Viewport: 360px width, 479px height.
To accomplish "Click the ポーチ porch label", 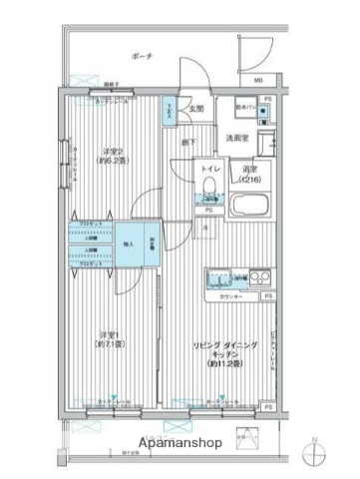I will tap(142, 57).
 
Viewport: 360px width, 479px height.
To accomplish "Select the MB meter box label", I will tap(257, 80).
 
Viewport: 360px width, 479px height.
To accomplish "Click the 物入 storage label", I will tap(129, 242).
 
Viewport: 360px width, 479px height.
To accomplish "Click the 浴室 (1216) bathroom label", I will tap(251, 174).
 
